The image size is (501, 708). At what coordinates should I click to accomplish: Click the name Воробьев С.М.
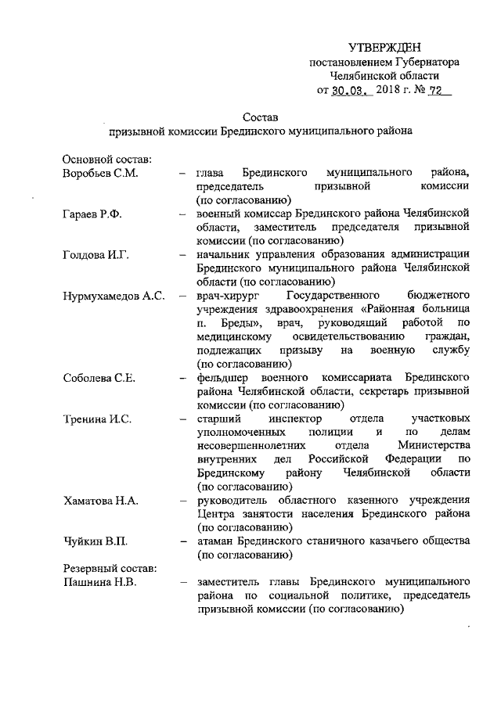[x=100, y=173]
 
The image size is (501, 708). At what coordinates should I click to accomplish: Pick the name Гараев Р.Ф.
[x=91, y=214]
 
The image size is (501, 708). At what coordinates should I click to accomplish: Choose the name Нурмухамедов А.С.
[x=113, y=296]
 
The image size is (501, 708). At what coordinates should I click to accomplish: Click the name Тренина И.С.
[x=97, y=419]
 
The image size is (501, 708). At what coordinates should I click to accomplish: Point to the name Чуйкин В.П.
[x=94, y=541]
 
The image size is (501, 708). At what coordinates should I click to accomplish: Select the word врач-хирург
[x=228, y=296]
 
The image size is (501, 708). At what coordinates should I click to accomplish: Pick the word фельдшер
[x=225, y=378]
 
